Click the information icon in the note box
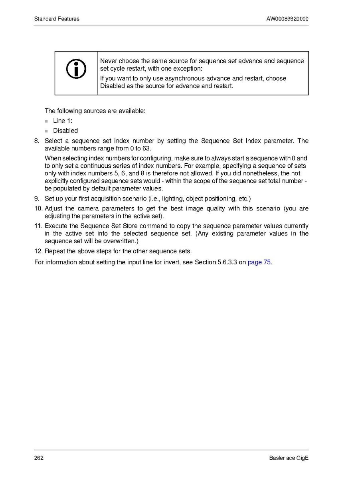(76, 69)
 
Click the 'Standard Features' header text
(57, 19)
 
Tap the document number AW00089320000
(287, 19)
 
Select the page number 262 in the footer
(39, 458)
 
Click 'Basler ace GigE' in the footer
(289, 458)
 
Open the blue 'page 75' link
(259, 262)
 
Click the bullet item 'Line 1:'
(63, 121)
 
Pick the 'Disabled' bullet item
(65, 131)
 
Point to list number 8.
(38, 141)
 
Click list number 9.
(38, 198)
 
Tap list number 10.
(38, 208)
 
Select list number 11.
(38, 226)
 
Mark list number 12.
(38, 251)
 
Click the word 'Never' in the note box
(109, 61)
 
